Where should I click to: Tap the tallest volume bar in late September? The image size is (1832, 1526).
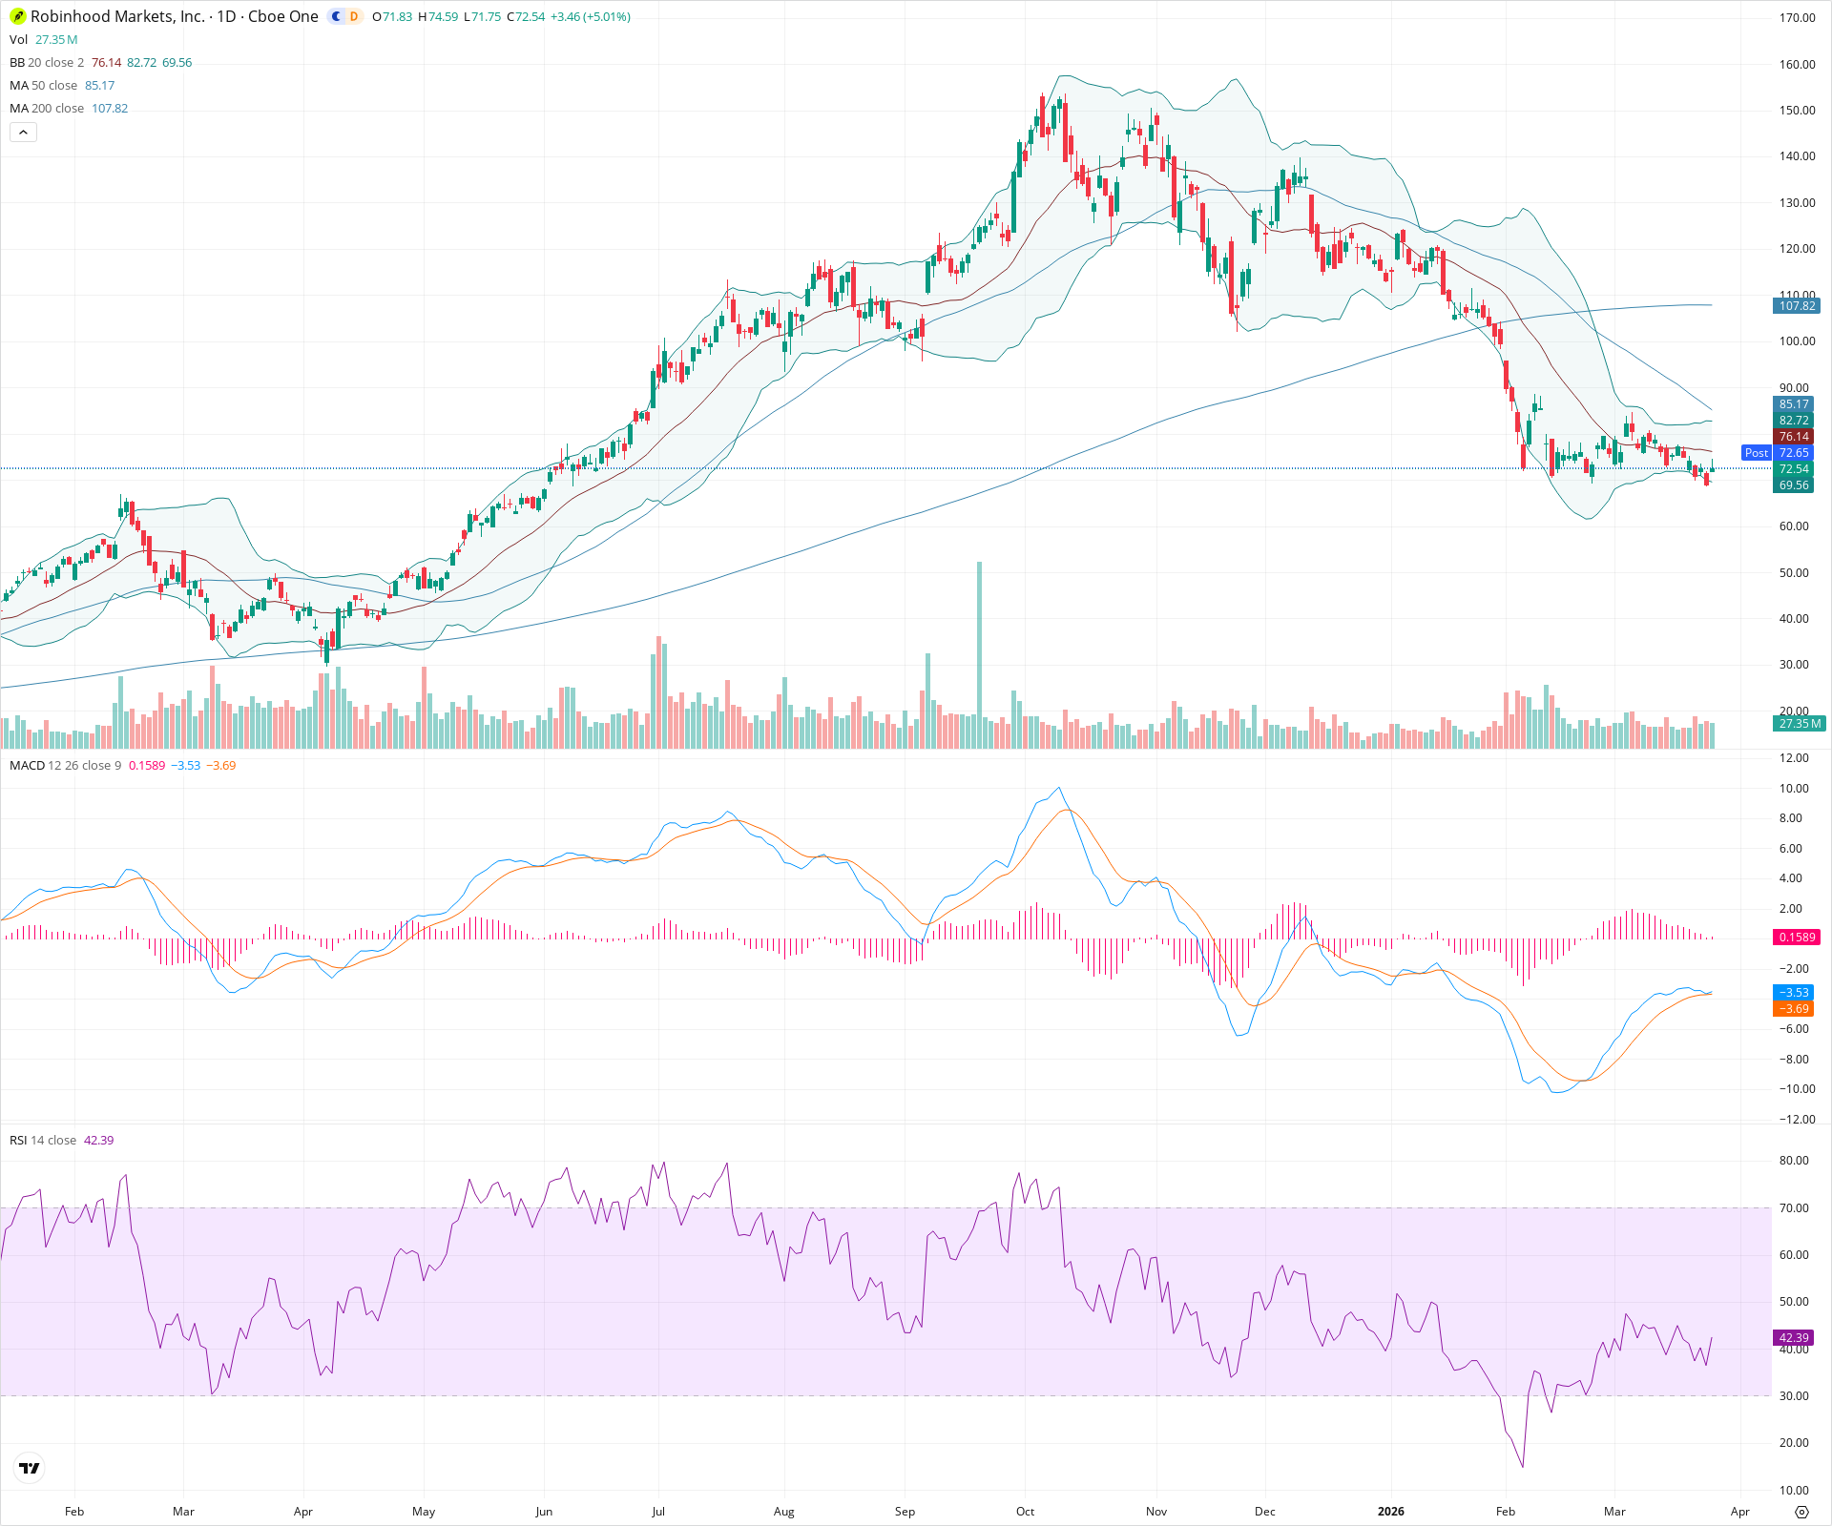point(979,649)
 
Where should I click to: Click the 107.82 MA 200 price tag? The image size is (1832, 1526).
point(1797,306)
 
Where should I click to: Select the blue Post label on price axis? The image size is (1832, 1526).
point(1756,453)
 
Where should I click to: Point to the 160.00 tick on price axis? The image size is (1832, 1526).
point(1797,65)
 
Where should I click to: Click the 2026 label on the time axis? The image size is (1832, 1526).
point(1390,1512)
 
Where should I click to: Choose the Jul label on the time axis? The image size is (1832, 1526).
point(657,1512)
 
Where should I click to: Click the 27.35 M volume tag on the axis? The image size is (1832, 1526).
point(1800,724)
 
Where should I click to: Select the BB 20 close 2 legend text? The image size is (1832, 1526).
point(47,63)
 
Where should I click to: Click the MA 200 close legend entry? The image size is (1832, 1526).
point(47,109)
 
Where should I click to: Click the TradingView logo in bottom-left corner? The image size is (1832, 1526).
point(30,1468)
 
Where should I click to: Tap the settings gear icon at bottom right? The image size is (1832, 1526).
point(1801,1512)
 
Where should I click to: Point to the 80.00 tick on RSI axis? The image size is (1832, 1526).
point(1794,1161)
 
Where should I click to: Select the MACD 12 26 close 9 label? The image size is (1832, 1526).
point(65,766)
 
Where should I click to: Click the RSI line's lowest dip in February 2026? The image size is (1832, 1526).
point(1523,1466)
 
